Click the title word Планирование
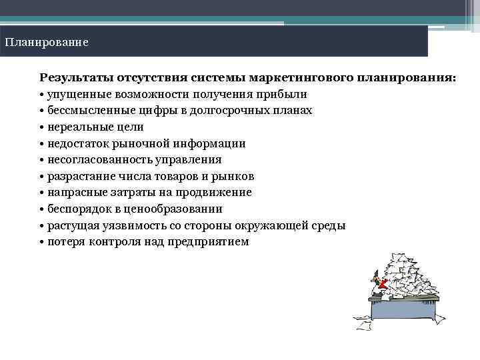[46, 42]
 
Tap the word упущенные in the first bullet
[81, 94]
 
